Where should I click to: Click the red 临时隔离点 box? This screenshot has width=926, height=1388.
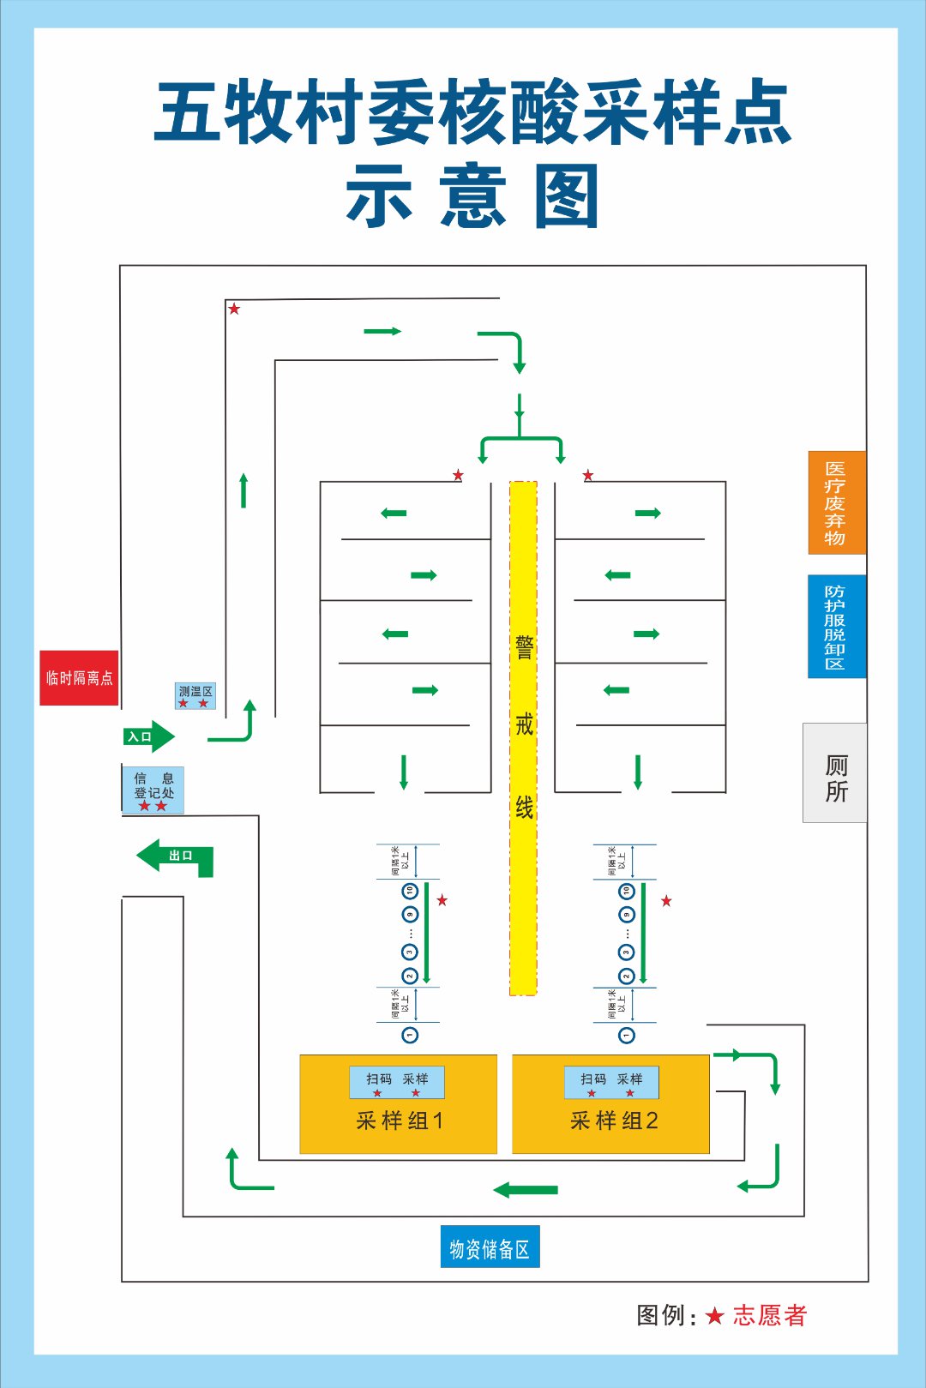pos(79,678)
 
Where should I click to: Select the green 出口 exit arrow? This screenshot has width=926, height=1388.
pos(175,856)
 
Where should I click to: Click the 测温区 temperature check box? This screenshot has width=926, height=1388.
pos(195,695)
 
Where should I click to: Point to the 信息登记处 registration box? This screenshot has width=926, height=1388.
pos(153,790)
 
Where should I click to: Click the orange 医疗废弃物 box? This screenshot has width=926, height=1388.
pos(836,502)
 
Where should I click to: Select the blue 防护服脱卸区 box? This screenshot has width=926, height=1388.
pos(836,626)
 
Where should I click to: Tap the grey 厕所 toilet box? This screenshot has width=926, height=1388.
pos(835,773)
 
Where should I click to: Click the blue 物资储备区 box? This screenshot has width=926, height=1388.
pos(490,1247)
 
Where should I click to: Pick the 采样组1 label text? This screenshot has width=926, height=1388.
pos(400,1121)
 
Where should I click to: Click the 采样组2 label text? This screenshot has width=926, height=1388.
pos(614,1121)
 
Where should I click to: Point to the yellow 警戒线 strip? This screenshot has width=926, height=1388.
pos(523,737)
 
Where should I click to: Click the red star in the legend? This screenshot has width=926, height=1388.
pos(715,1316)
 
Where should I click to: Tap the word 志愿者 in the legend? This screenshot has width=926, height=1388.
pos(770,1316)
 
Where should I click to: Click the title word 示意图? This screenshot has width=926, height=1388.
pos(472,197)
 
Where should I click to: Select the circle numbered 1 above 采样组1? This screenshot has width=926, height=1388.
pos(410,1035)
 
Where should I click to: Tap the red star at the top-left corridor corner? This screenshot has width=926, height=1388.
pos(234,309)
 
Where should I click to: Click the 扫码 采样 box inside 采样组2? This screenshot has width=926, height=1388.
pos(611,1082)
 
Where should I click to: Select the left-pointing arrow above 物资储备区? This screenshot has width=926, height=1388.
pos(526,1190)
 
